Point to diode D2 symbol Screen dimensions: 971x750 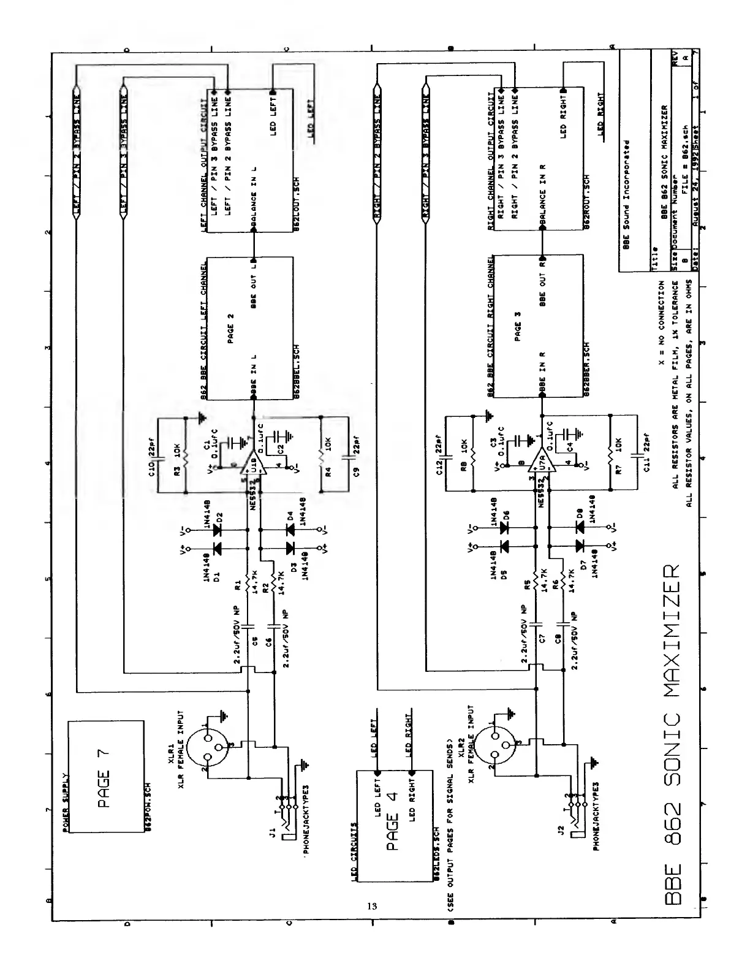[x=216, y=531]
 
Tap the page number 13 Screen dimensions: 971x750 [x=372, y=906]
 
